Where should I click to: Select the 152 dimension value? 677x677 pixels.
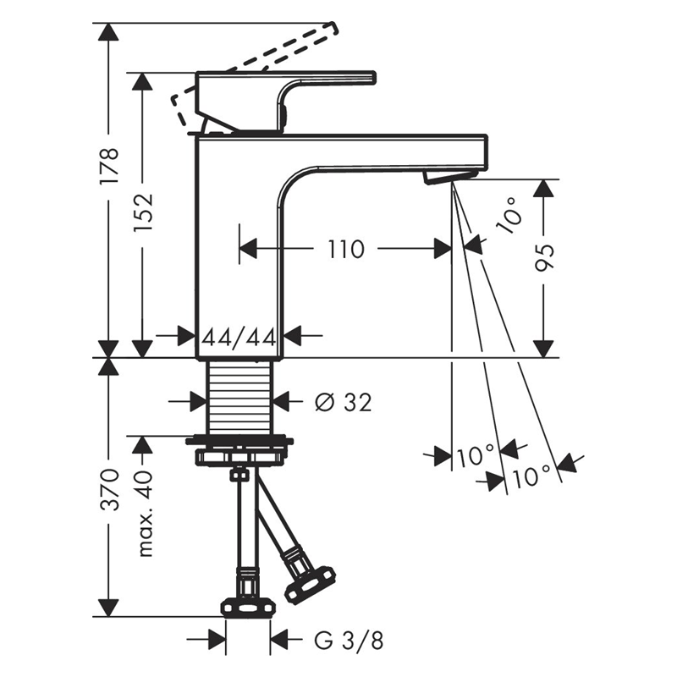pos(143,212)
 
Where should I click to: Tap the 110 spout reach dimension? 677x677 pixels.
pos(346,249)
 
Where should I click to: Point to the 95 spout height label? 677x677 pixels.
pos(544,258)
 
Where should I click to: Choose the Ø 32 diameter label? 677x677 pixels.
pos(344,403)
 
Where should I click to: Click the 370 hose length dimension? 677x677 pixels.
pos(109,488)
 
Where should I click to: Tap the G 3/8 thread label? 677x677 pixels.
pos(349,641)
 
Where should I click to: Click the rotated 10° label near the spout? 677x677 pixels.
pos(509,215)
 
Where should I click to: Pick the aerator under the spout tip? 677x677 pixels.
pos(450,177)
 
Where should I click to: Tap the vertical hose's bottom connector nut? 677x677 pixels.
pos(248,608)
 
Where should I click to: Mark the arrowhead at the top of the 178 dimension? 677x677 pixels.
pos(108,31)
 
